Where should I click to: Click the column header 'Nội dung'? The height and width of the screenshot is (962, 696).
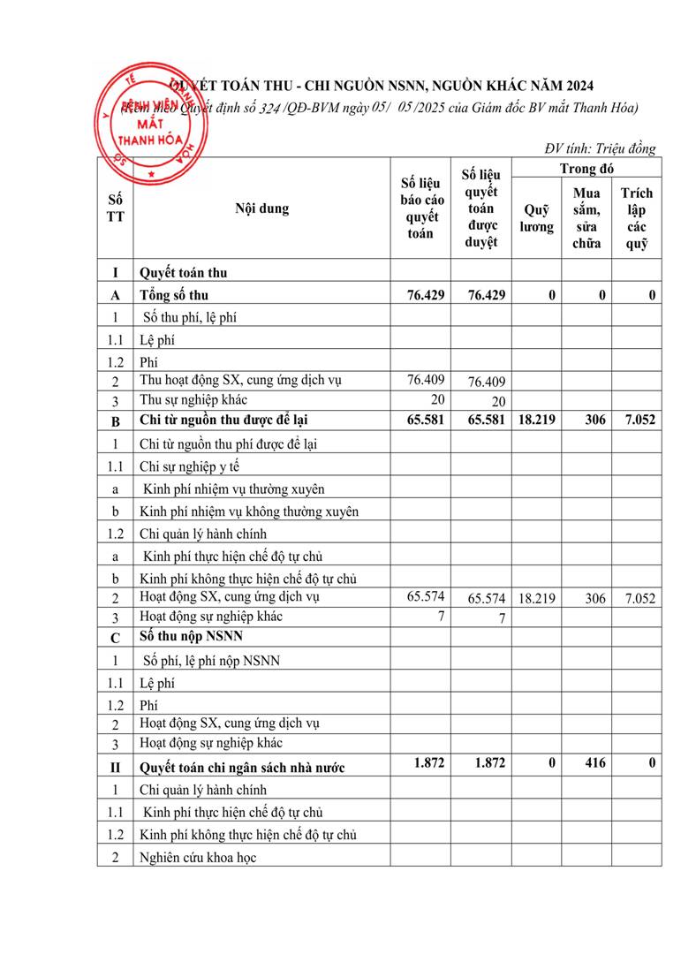click(261, 209)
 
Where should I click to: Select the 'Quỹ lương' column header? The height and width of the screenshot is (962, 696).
click(536, 218)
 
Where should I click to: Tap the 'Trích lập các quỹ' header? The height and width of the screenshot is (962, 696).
click(636, 218)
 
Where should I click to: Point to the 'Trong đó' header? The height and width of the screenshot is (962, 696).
click(586, 168)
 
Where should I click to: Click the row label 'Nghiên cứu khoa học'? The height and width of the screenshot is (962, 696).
click(198, 857)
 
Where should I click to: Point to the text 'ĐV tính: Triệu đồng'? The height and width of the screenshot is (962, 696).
click(600, 148)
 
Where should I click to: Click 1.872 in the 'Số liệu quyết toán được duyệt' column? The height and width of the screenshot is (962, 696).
click(488, 763)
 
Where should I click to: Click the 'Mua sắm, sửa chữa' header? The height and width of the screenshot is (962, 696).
click(586, 218)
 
